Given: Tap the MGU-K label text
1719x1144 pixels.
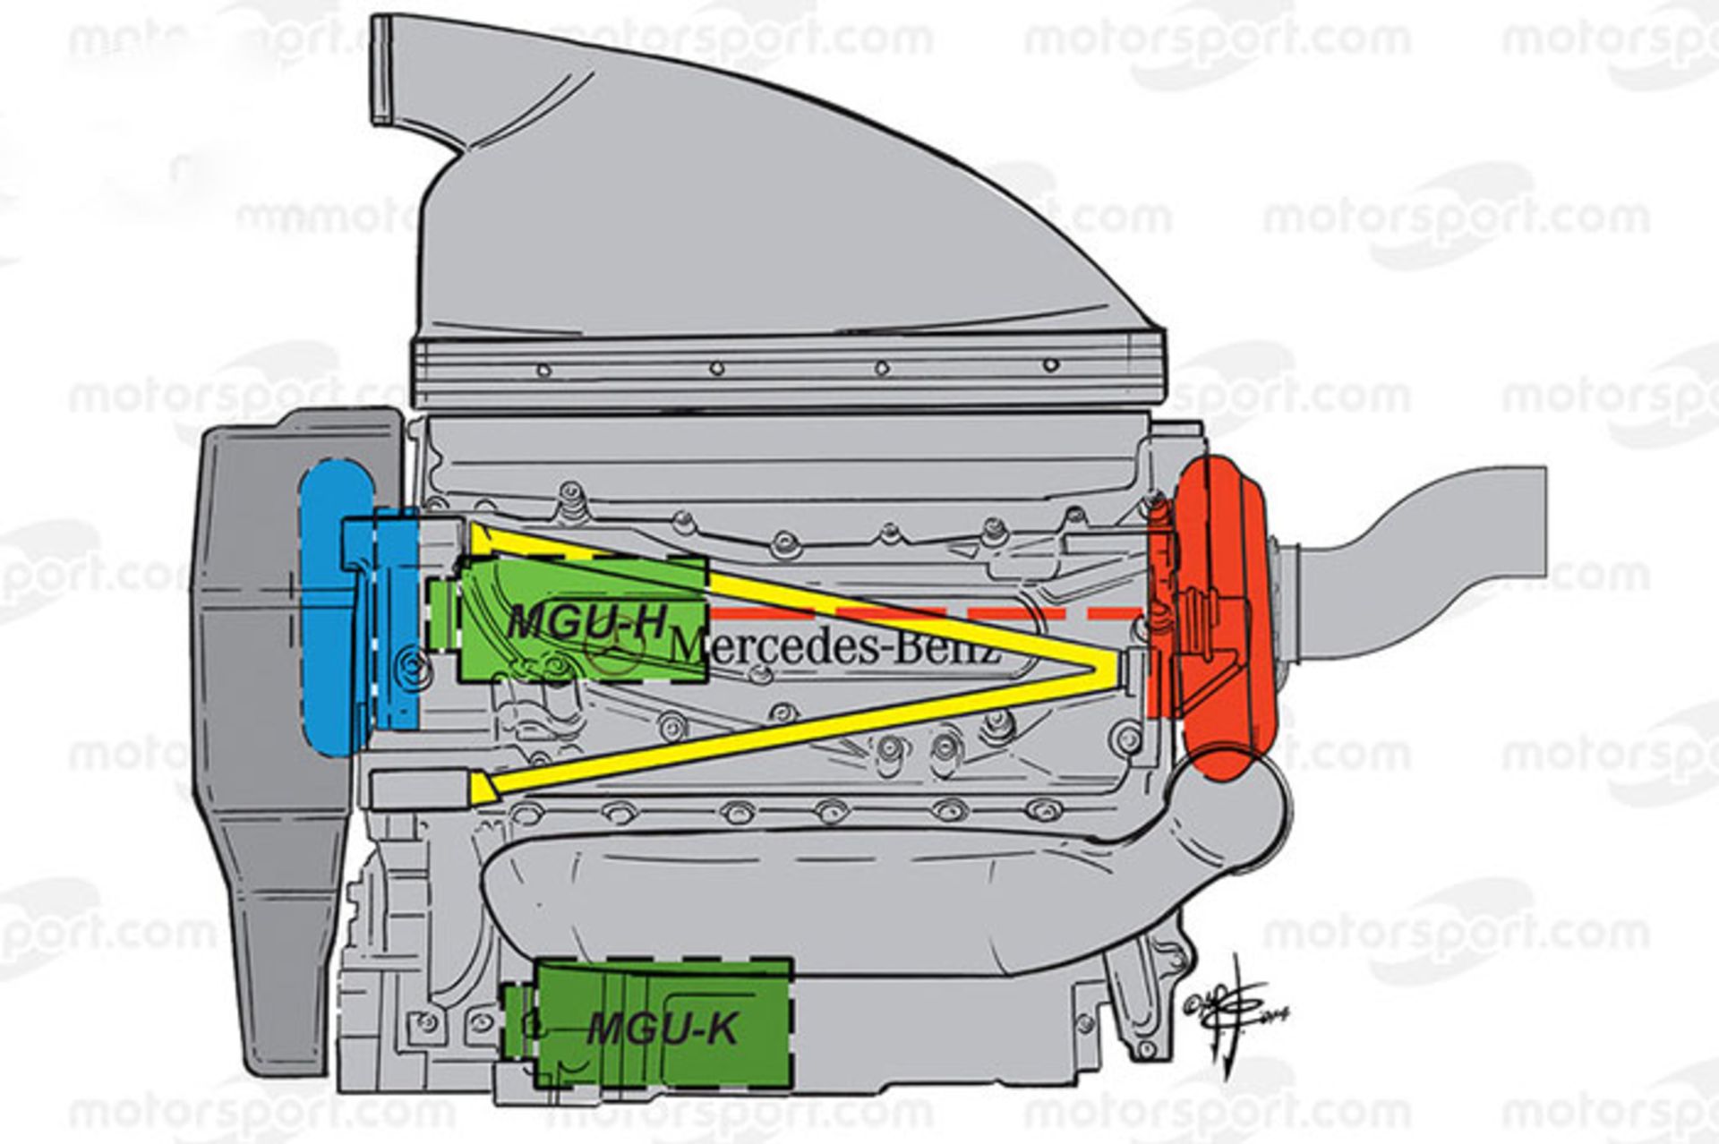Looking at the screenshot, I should (663, 1029).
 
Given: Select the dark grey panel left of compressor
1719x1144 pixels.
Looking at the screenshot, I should (251, 716).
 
